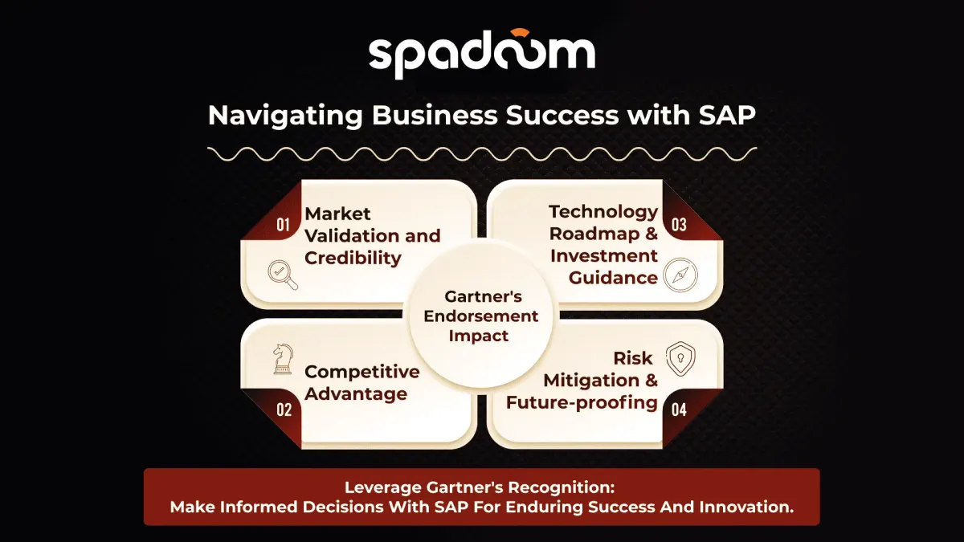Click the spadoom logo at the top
point(482,54)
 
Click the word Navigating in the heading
point(285,116)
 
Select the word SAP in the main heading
point(727,115)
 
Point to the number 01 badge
point(283,225)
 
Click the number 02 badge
point(284,410)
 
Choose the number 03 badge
point(679,225)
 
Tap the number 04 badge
point(679,410)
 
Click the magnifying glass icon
point(283,275)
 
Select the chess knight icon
point(283,359)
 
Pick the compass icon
point(680,275)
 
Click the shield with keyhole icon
point(680,359)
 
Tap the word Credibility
point(353,258)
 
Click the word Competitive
point(362,372)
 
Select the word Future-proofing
point(582,402)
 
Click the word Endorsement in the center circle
point(480,316)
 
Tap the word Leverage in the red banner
point(383,488)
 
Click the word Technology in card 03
point(603,212)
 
